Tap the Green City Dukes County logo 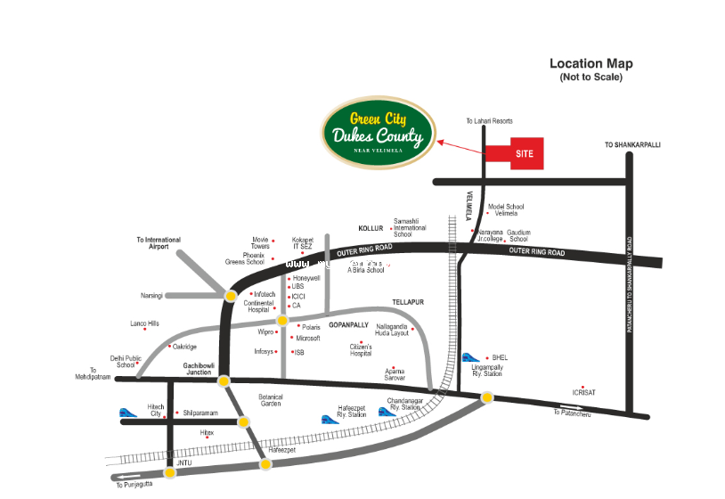(x=379, y=133)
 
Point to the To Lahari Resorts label (x=489, y=121)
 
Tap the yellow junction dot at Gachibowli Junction (x=224, y=381)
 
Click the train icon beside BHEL (x=470, y=358)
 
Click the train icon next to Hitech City (x=130, y=413)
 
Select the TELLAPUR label (x=408, y=302)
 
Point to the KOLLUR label (x=370, y=228)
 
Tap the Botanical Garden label (x=270, y=400)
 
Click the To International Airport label (x=159, y=243)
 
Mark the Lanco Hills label (x=144, y=323)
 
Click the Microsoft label (x=307, y=339)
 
